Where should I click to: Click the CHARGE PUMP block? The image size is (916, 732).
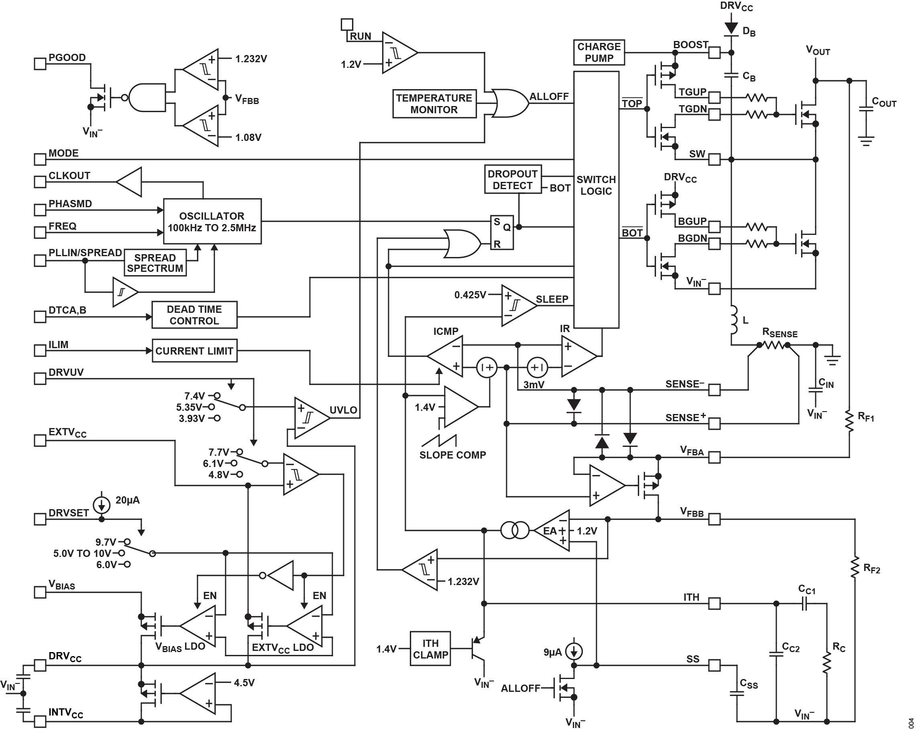point(598,52)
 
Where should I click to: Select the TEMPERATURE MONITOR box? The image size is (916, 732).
point(434,104)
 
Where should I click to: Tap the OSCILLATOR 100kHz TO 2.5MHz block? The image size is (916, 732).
point(212,221)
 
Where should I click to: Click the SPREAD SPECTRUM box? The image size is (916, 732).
point(155,263)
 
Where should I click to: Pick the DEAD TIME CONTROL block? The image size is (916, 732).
point(194,315)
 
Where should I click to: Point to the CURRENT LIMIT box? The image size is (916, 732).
point(194,351)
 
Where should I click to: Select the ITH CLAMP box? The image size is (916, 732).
point(430,649)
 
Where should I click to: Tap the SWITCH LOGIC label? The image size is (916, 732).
point(596,186)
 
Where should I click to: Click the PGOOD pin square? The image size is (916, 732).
point(40,64)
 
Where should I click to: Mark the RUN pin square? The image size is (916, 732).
point(347,24)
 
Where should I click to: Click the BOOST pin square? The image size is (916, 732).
point(714,53)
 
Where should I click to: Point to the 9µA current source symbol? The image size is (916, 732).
point(574,651)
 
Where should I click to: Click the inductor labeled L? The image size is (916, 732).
point(733,320)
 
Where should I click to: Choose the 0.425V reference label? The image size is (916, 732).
point(470,295)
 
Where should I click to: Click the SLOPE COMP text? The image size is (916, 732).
point(452,455)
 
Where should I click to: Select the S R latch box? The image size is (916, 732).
point(502,232)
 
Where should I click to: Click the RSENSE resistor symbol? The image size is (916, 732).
point(773,345)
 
